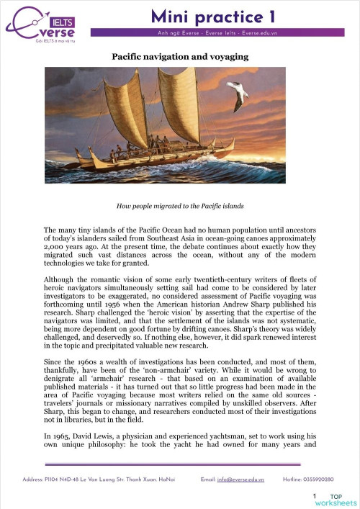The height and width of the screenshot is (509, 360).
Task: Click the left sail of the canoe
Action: tap(128, 105)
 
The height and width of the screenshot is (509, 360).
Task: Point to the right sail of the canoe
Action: tap(176, 102)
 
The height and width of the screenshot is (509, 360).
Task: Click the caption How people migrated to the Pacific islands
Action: tap(179, 206)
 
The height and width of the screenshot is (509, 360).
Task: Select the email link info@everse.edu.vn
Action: tap(241, 478)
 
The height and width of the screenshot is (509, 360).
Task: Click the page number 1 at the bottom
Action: tap(315, 497)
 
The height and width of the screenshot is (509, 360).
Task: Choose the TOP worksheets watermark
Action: tap(341, 499)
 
